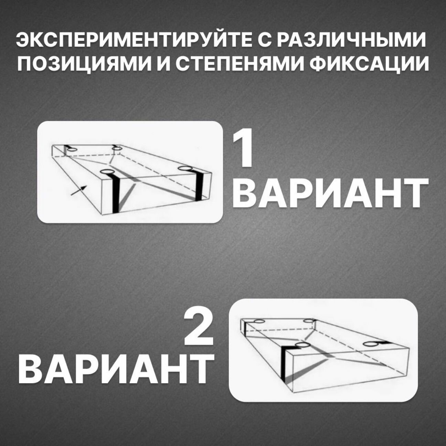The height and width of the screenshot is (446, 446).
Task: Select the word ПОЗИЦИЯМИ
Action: [x=83, y=63]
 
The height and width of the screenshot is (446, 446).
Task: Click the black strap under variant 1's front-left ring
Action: [x=115, y=192]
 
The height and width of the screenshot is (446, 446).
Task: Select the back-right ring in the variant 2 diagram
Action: [x=308, y=321]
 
